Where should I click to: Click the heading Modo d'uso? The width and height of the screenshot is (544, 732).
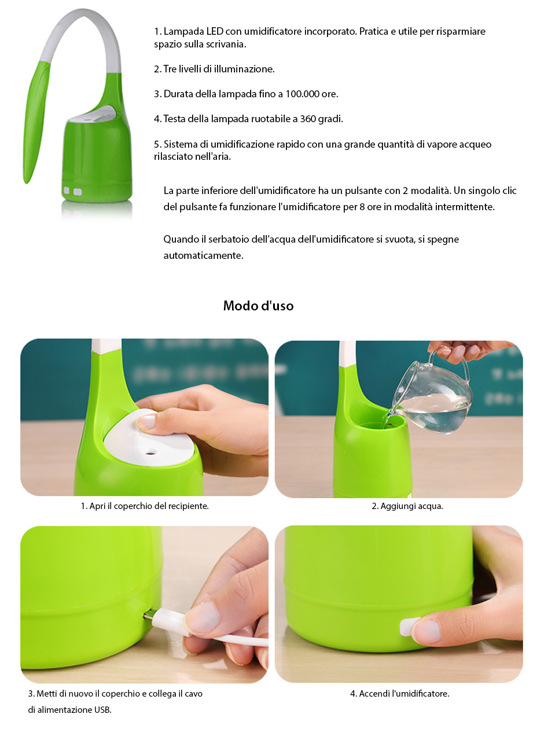(x=258, y=306)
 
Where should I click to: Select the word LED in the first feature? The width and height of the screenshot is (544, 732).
(x=215, y=31)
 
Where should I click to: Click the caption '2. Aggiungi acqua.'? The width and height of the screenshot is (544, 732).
(x=407, y=506)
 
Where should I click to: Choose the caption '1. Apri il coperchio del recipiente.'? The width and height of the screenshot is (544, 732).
(x=145, y=506)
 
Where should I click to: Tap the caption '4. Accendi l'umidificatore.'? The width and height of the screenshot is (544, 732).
(x=399, y=693)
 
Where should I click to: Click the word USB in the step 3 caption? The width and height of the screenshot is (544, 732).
(x=102, y=709)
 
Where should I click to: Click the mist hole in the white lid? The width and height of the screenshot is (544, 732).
(x=151, y=452)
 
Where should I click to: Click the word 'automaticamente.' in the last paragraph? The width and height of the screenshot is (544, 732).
(x=203, y=255)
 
